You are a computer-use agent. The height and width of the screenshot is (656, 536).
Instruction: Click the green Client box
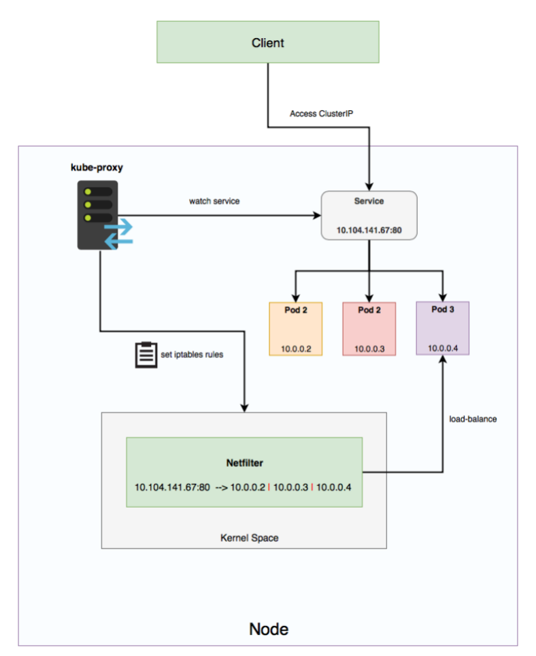click(x=267, y=43)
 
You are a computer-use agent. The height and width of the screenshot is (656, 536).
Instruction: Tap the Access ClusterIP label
click(x=321, y=114)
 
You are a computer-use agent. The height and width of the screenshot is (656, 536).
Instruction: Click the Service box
click(x=368, y=215)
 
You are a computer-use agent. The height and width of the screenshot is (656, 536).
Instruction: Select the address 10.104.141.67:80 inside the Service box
click(x=369, y=231)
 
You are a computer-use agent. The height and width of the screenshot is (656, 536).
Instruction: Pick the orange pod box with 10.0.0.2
click(x=295, y=329)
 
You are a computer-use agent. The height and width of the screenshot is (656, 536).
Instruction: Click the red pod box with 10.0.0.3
click(x=369, y=329)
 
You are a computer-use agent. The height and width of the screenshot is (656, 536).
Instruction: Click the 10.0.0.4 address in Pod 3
click(x=442, y=348)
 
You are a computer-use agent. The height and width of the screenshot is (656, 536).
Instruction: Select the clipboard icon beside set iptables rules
click(x=144, y=354)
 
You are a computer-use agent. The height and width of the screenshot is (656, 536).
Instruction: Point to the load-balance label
click(x=473, y=419)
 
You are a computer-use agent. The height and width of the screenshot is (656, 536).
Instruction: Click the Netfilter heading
click(x=244, y=463)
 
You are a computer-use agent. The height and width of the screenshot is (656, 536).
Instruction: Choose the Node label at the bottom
click(x=269, y=628)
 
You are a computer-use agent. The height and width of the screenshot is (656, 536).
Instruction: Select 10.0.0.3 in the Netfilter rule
click(x=291, y=487)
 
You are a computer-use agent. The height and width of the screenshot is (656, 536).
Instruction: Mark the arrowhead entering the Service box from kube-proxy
click(x=317, y=216)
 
